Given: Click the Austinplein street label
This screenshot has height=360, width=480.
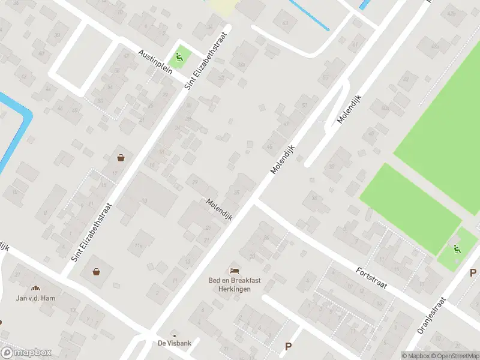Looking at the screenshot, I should pos(155,62).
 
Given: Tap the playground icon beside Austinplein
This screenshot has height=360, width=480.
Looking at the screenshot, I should pos(179,58).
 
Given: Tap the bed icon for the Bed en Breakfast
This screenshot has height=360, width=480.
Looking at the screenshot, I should pos(234,272).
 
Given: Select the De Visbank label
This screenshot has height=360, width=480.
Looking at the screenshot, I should pos(174,344).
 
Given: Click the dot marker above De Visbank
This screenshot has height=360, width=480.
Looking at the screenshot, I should pos(175,335).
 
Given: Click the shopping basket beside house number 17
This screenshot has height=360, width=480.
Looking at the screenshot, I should pos(121,158).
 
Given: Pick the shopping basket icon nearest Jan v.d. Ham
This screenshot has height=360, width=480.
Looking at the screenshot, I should pos(96,271).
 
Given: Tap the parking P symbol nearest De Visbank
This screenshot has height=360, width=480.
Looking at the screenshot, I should pos(288,346).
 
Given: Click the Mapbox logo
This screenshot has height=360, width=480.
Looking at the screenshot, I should pos(26,352).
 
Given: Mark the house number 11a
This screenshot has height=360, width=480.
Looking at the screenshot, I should pos(139,245).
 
